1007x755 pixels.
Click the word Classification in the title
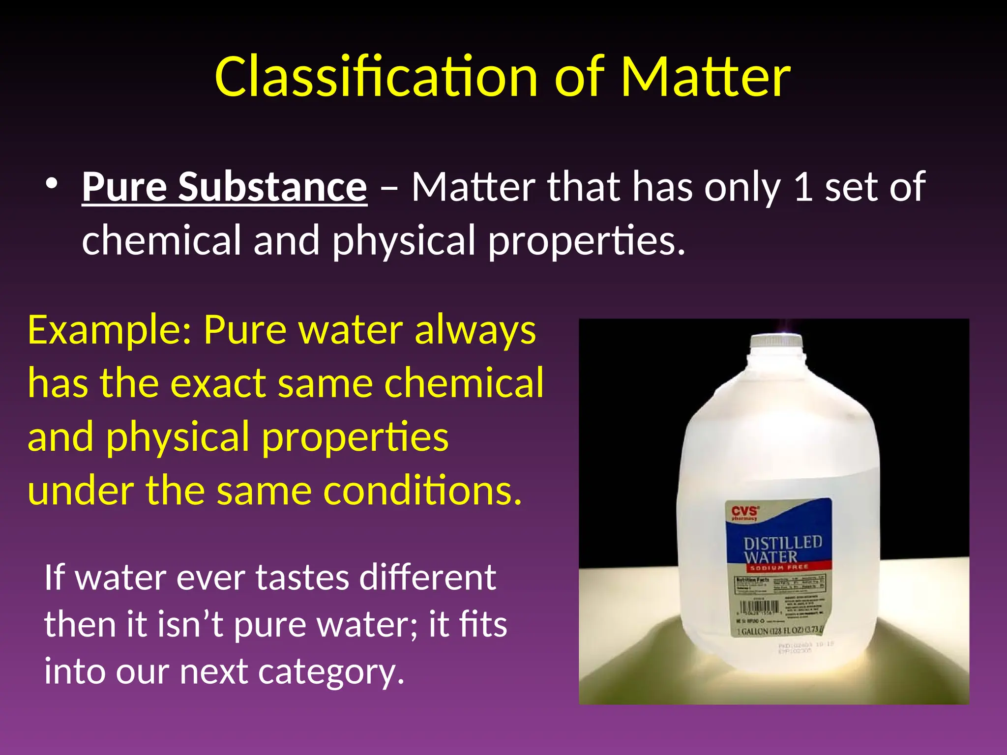[x=376, y=77]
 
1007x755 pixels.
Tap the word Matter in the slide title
[x=705, y=77]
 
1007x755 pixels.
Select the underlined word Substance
[x=272, y=187]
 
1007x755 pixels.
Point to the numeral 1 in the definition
[x=802, y=187]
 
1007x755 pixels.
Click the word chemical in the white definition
[x=162, y=240]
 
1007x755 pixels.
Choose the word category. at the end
[x=331, y=671]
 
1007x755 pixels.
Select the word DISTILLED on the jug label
[x=783, y=543]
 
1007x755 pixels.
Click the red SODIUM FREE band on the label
[x=779, y=567]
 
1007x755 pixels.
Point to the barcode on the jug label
[x=760, y=608]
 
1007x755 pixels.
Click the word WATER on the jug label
[x=770, y=557]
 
